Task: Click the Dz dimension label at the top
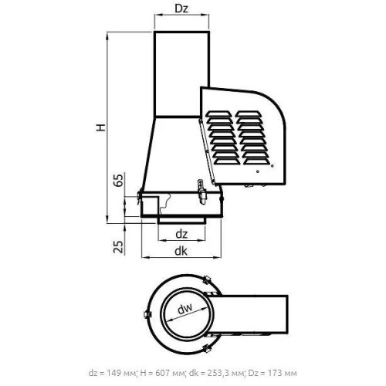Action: coord(181,8)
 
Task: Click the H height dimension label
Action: coord(101,127)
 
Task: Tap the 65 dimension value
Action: coord(118,180)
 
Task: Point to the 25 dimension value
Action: coord(118,247)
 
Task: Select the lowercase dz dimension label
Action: coord(181,234)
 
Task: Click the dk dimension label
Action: coord(181,251)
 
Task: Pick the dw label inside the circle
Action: coord(185,309)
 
